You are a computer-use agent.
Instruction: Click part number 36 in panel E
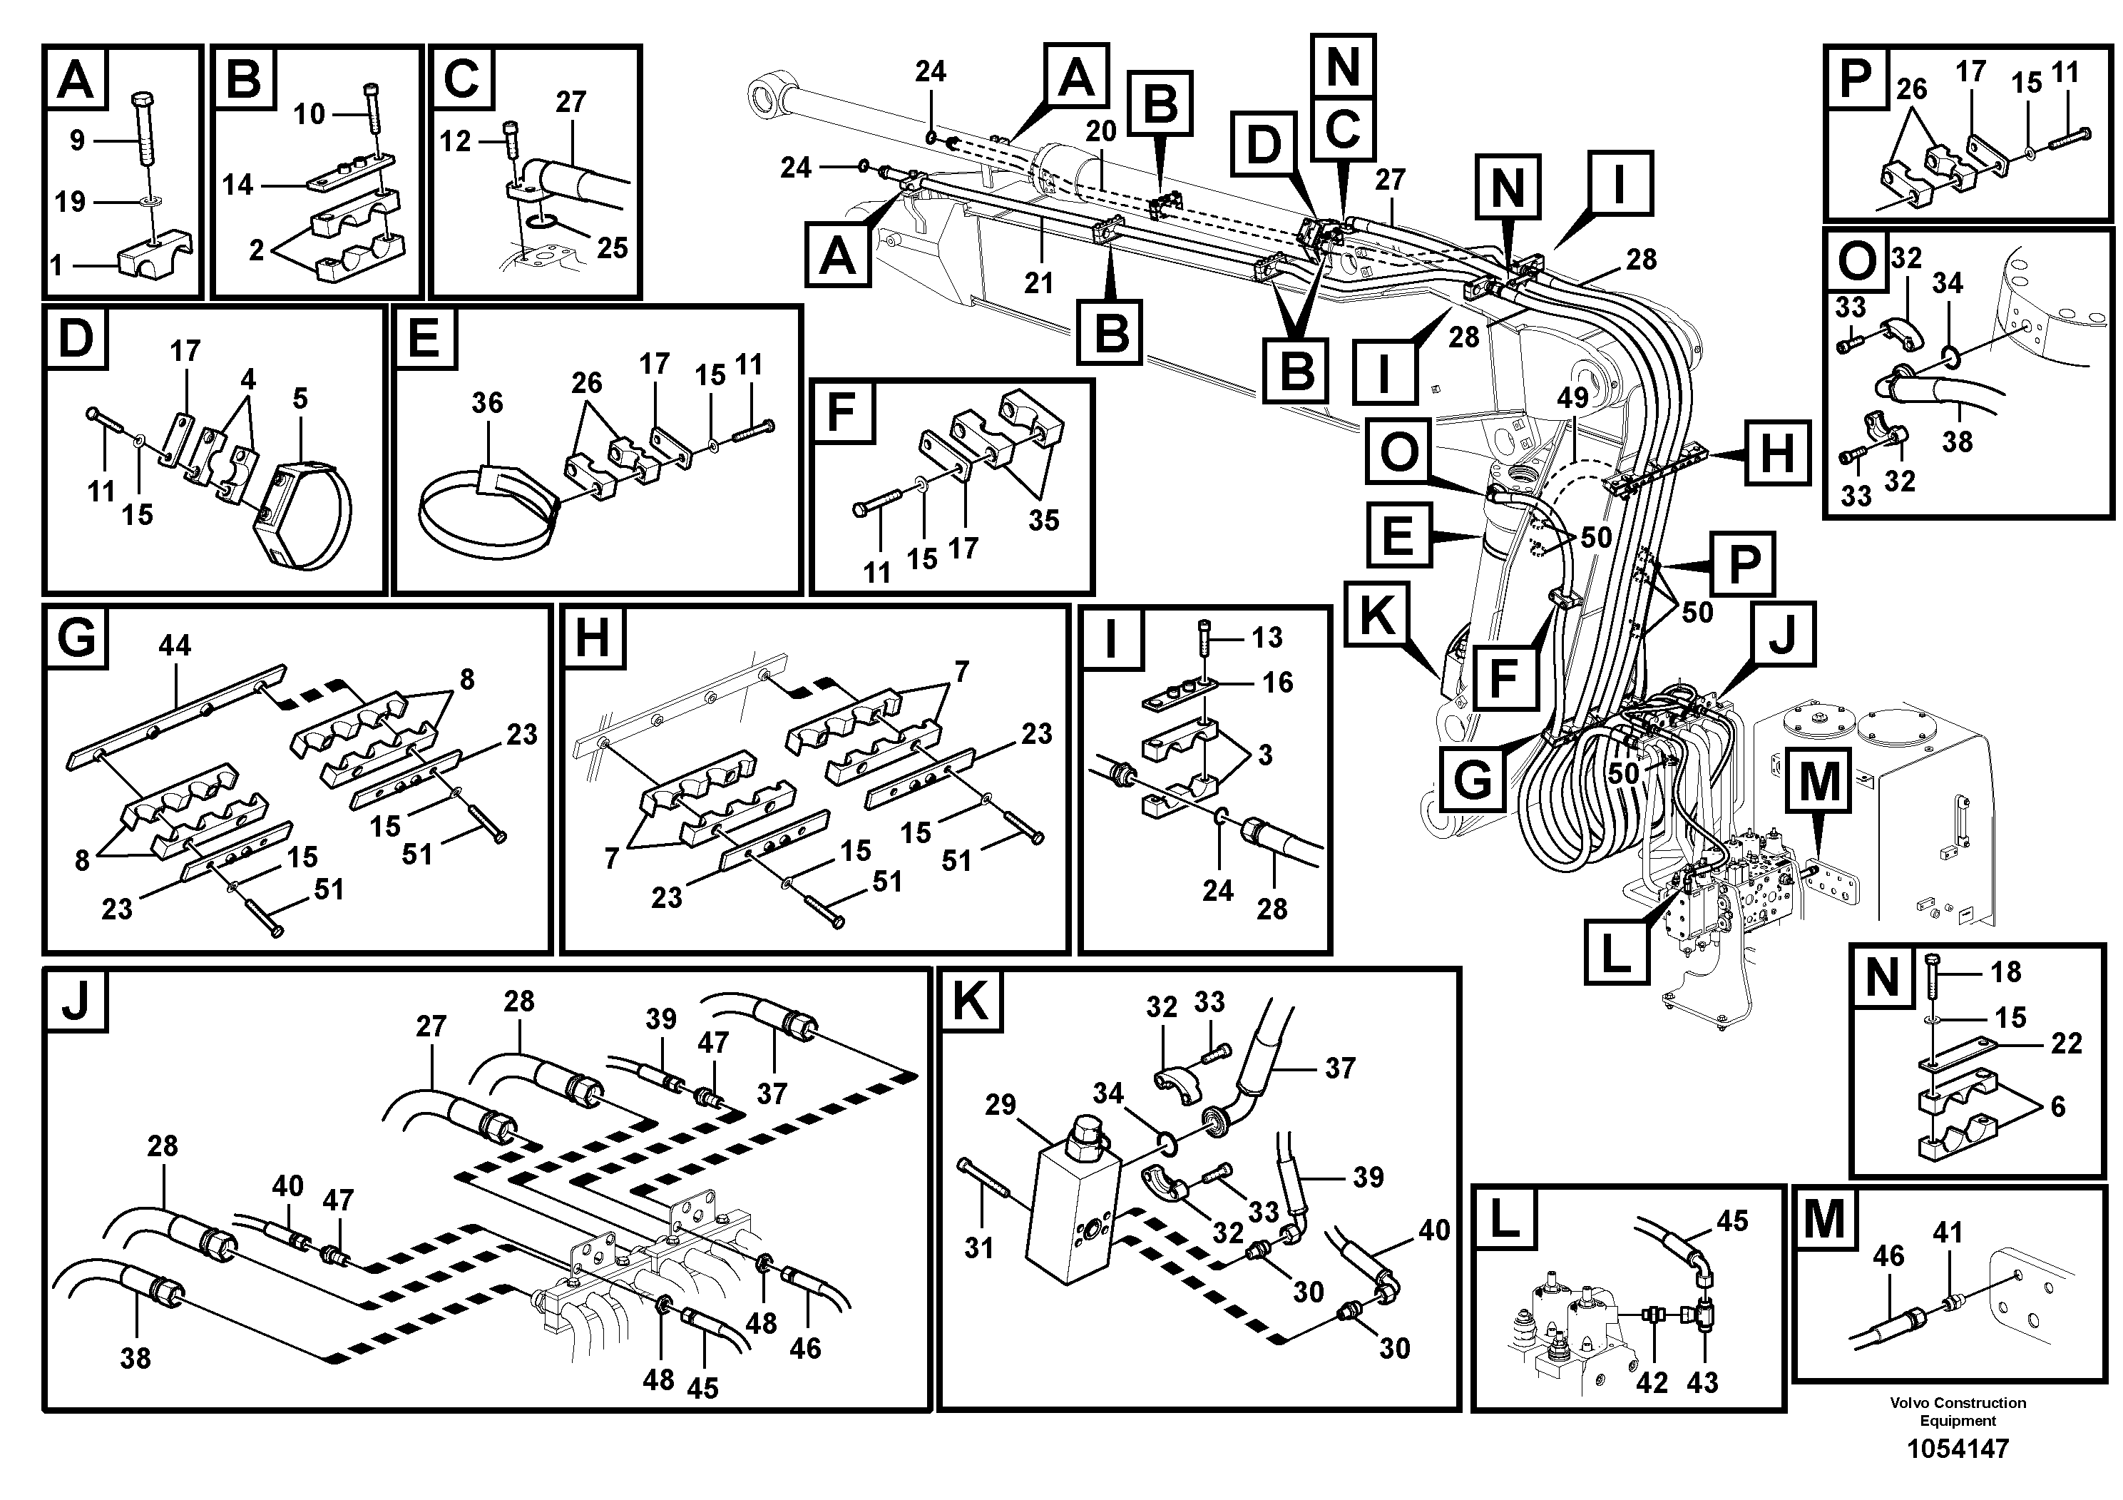point(487,403)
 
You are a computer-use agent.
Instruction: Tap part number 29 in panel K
point(1001,1105)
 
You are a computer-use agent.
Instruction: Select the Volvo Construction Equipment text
point(1958,1412)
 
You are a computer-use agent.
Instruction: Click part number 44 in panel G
point(175,646)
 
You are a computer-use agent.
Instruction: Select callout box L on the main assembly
point(1615,951)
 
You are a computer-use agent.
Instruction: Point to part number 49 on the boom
point(1572,398)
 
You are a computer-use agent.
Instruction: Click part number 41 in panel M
point(1948,1233)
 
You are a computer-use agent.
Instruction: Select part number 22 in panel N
point(2067,1044)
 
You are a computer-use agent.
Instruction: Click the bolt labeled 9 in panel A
point(145,130)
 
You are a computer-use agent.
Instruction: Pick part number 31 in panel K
point(978,1248)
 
